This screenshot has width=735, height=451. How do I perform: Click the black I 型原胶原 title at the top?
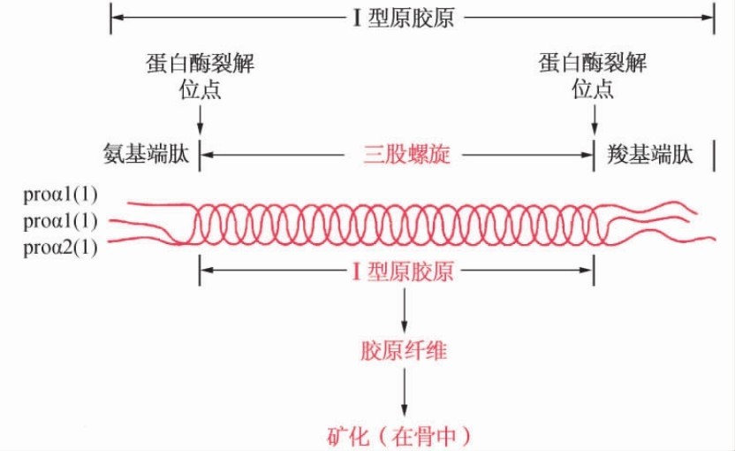coord(404,18)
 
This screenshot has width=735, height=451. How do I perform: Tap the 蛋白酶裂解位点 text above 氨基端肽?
coord(201,76)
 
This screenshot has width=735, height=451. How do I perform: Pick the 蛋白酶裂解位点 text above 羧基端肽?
coord(592,76)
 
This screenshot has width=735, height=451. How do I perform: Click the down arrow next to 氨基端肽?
coord(201,118)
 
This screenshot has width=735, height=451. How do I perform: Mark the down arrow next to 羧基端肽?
coord(593,118)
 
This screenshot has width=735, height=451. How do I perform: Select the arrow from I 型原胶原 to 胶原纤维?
coord(404,310)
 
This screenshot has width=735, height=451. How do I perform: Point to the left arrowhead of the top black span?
coord(117,18)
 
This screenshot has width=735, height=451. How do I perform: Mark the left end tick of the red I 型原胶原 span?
coord(201,271)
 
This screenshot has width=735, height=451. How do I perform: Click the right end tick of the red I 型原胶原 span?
coord(593,271)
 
